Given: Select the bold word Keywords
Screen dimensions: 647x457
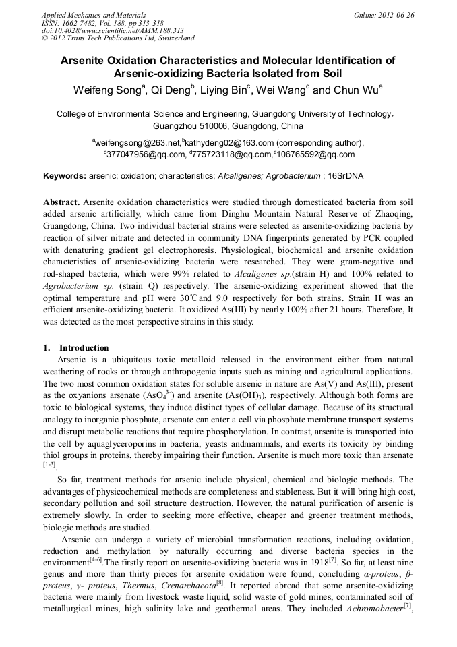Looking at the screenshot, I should [x=64, y=176].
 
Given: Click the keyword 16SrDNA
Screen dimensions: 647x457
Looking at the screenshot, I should [x=344, y=176].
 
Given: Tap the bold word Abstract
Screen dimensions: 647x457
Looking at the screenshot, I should [x=61, y=202].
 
